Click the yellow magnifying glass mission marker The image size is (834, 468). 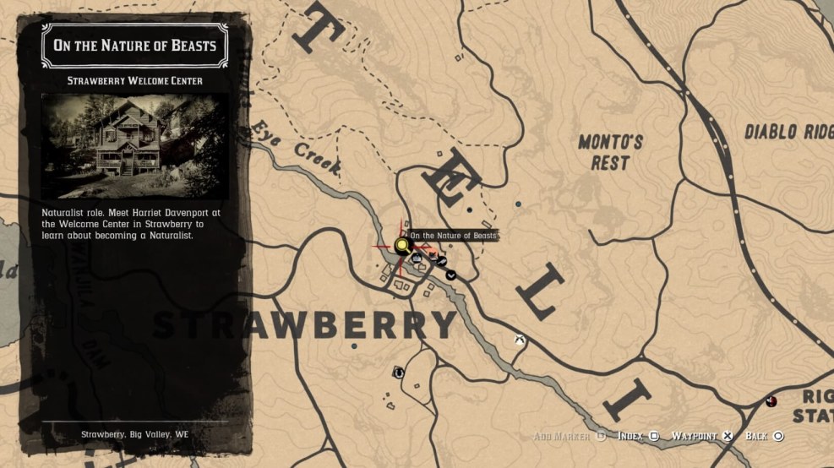(x=401, y=246)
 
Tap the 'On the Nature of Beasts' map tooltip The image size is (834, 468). (x=453, y=236)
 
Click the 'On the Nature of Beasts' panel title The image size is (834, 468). (x=135, y=46)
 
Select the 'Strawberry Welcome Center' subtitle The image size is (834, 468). (x=135, y=81)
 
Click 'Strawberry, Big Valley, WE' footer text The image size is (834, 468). (x=135, y=434)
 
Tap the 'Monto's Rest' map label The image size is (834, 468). (x=610, y=152)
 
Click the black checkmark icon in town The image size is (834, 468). (x=451, y=274)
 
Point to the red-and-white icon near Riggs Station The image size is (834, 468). (x=771, y=400)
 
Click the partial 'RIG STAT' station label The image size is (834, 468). (x=814, y=406)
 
